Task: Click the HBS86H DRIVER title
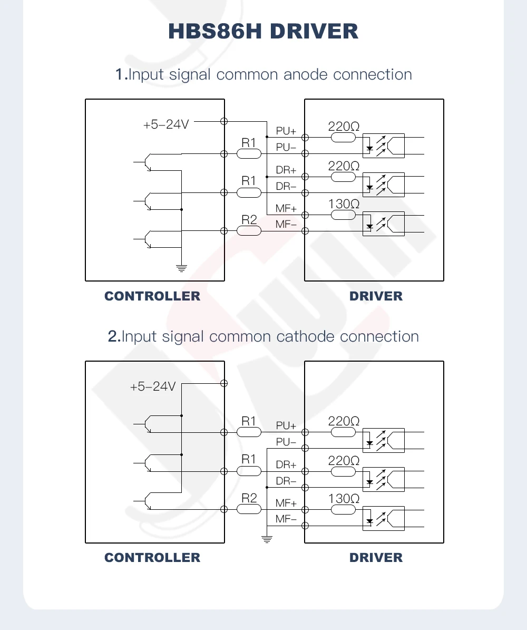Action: click(x=263, y=31)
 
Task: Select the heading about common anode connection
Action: click(x=263, y=74)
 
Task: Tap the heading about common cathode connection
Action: click(x=263, y=336)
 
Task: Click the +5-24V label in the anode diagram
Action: click(x=166, y=125)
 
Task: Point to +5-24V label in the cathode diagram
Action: click(x=153, y=386)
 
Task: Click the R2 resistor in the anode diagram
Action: click(x=249, y=230)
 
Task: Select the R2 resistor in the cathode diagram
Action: click(x=249, y=509)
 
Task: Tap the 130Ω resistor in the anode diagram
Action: click(x=344, y=215)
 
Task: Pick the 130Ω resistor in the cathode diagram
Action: click(x=344, y=509)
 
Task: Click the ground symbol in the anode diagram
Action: click(x=181, y=268)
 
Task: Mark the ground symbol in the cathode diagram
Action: click(x=267, y=539)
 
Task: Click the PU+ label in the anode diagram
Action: click(x=286, y=131)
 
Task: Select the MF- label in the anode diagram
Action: click(x=286, y=225)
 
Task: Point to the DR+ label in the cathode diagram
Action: click(x=286, y=465)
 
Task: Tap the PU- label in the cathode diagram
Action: click(x=286, y=442)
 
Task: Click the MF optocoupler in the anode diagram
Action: click(x=384, y=224)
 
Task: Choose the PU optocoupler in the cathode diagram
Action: click(x=384, y=440)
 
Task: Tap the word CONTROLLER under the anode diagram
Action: click(x=152, y=296)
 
